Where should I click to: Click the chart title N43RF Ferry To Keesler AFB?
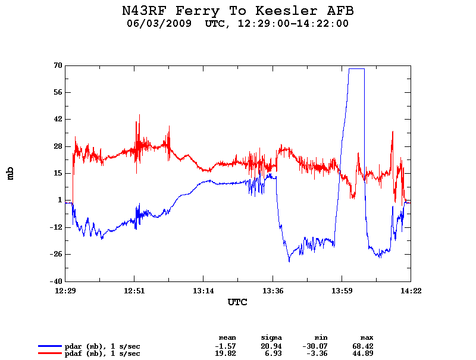pyautogui.click(x=237, y=11)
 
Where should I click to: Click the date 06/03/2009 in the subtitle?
pyautogui.click(x=159, y=24)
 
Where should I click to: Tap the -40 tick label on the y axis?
pyautogui.click(x=56, y=281)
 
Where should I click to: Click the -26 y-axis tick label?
pyautogui.click(x=56, y=254)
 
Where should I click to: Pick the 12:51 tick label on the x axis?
pyautogui.click(x=134, y=291)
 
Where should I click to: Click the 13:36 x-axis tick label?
pyautogui.click(x=273, y=291)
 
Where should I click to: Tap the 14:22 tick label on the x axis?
pyautogui.click(x=410, y=291)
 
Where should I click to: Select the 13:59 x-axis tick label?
pyautogui.click(x=342, y=291)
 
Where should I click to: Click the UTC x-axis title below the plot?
pyautogui.click(x=237, y=302)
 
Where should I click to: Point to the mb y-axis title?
pyautogui.click(x=10, y=173)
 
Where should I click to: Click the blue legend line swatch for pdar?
pyautogui.click(x=50, y=346)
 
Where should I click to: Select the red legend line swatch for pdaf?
pyautogui.click(x=50, y=353)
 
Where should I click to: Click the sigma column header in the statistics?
pyautogui.click(x=271, y=337)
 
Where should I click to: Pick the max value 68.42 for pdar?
pyautogui.click(x=362, y=346)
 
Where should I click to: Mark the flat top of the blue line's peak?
pyautogui.click(x=356, y=69)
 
